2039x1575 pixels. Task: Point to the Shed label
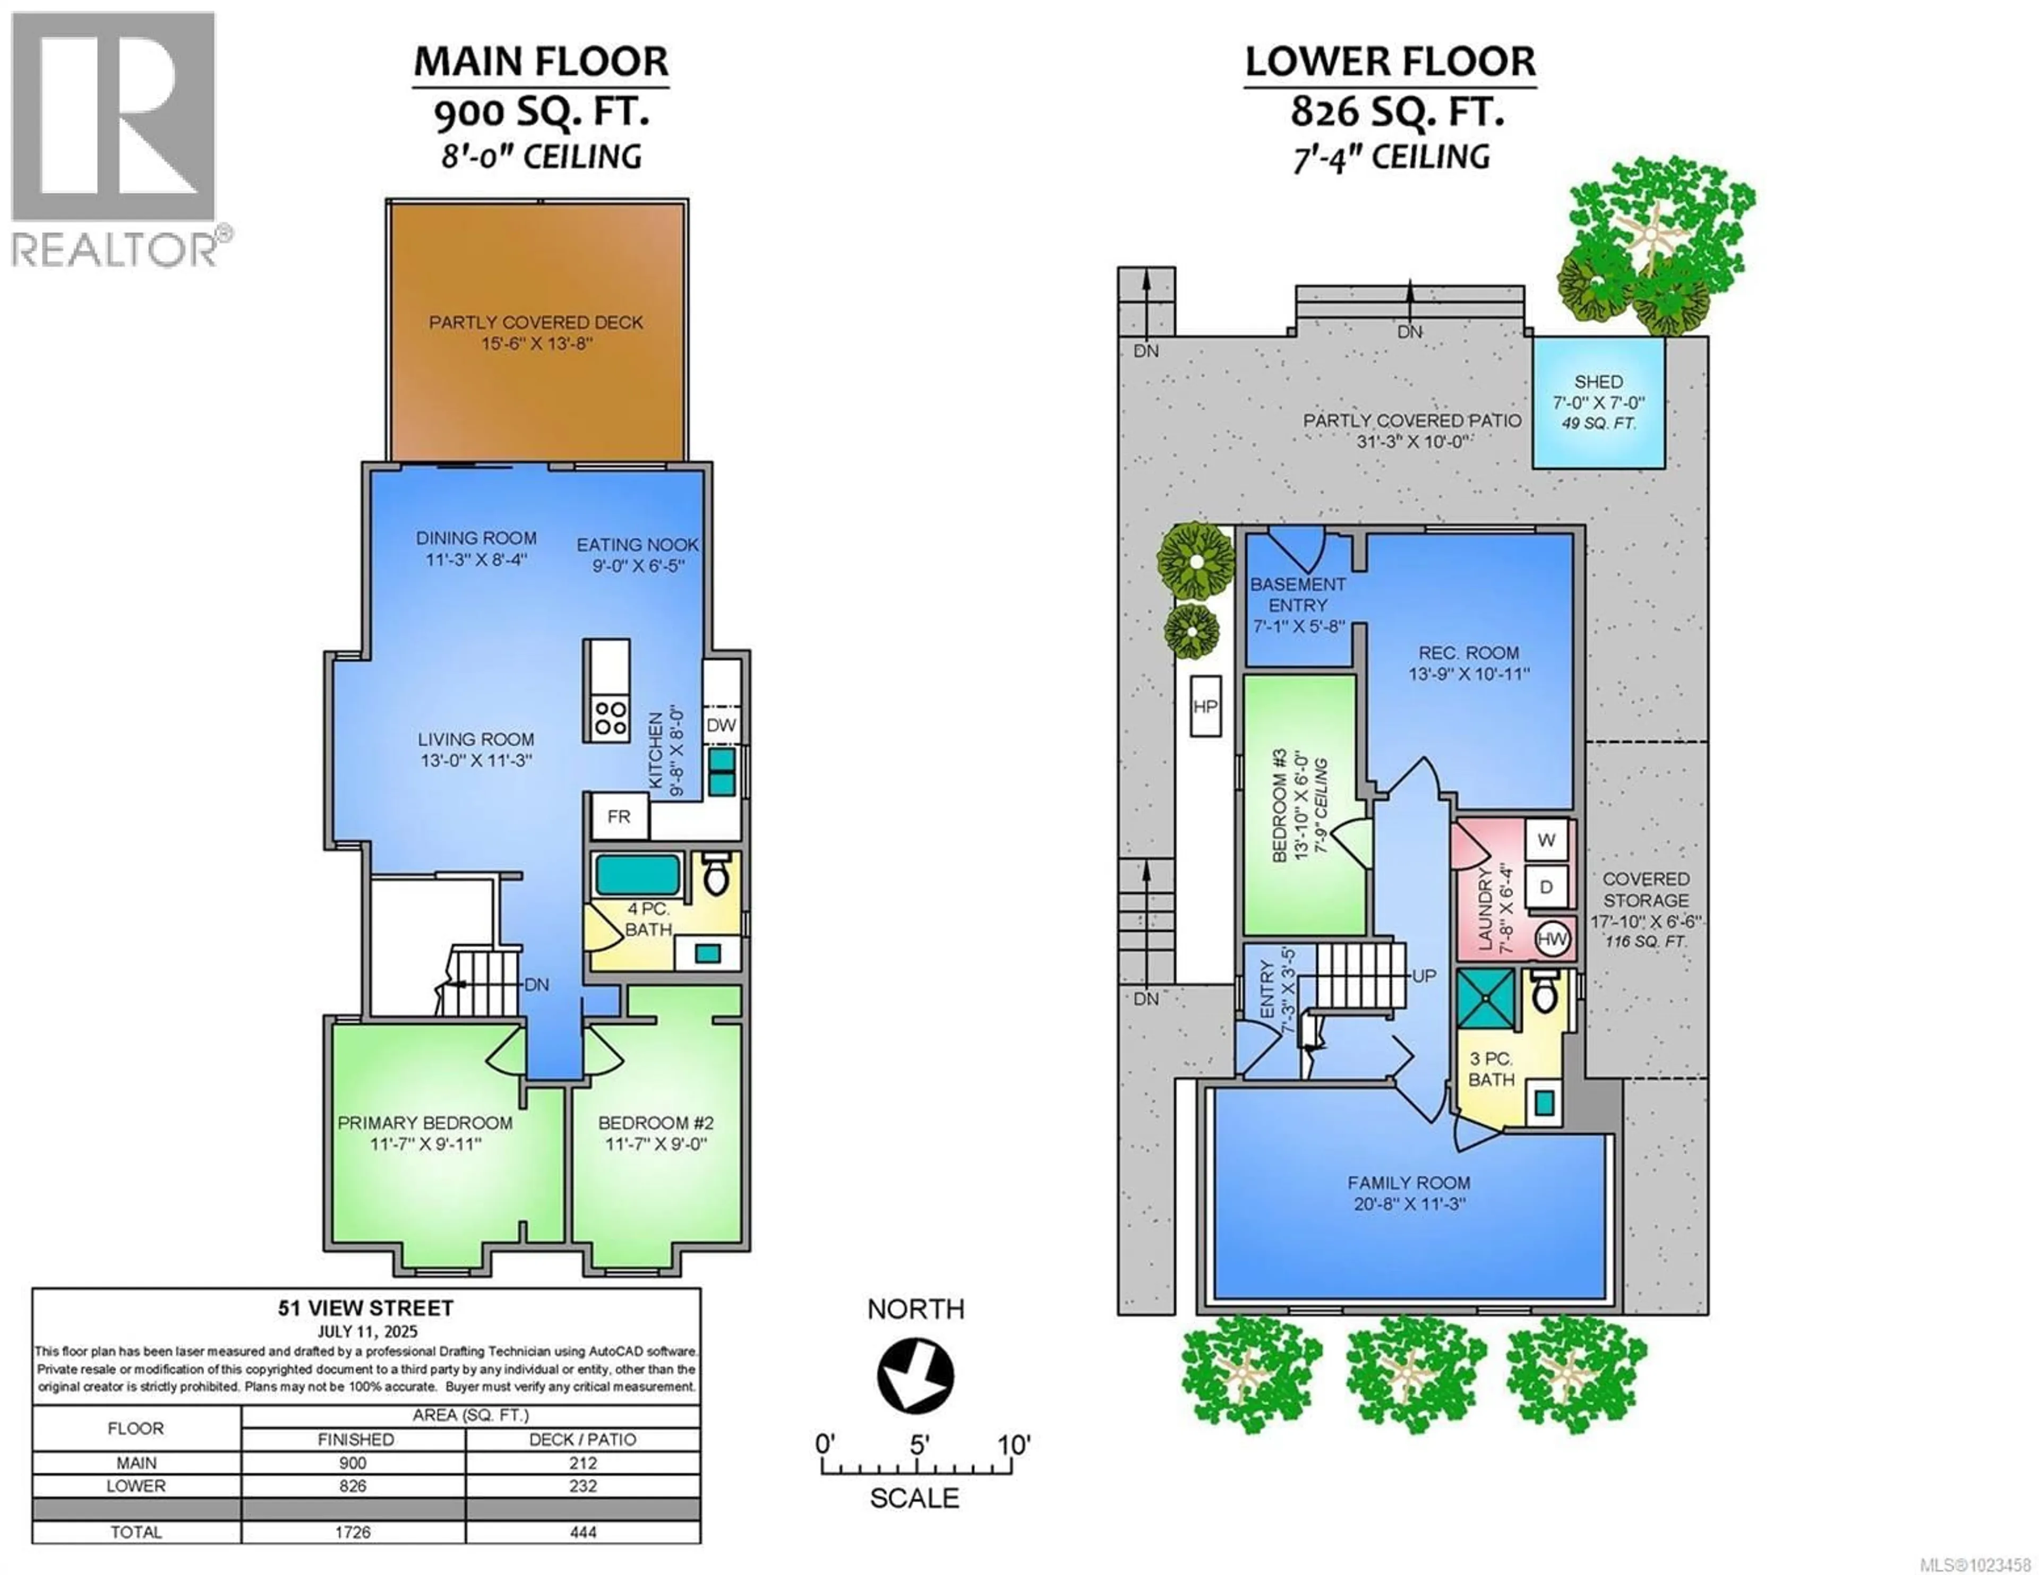[x=1598, y=382]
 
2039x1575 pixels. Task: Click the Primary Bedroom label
[x=425, y=1123]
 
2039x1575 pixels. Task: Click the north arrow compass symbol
[x=915, y=1376]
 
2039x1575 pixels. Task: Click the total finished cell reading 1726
[x=353, y=1532]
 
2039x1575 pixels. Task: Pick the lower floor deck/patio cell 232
[x=582, y=1486]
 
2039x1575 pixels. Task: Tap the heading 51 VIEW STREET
[x=365, y=1308]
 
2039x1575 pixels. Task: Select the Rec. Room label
[x=1469, y=652]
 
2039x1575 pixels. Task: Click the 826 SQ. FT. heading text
[x=1397, y=112]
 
